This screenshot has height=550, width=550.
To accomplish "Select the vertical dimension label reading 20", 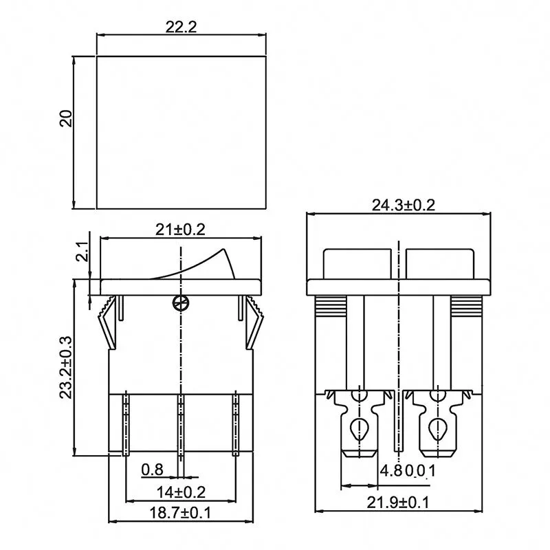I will click(x=66, y=118).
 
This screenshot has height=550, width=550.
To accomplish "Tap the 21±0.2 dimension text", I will click(x=180, y=230).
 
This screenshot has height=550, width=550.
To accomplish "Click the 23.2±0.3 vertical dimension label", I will click(x=64, y=366).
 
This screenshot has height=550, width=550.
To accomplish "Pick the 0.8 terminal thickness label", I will click(x=153, y=470).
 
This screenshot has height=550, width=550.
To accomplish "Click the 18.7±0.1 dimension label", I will click(x=180, y=512).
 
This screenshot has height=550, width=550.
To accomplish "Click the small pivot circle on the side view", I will click(x=180, y=302).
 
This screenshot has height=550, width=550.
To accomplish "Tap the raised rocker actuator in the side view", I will click(x=206, y=264).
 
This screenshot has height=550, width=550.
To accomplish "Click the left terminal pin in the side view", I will click(x=126, y=423).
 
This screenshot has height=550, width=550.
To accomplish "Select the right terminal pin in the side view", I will click(x=234, y=423).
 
